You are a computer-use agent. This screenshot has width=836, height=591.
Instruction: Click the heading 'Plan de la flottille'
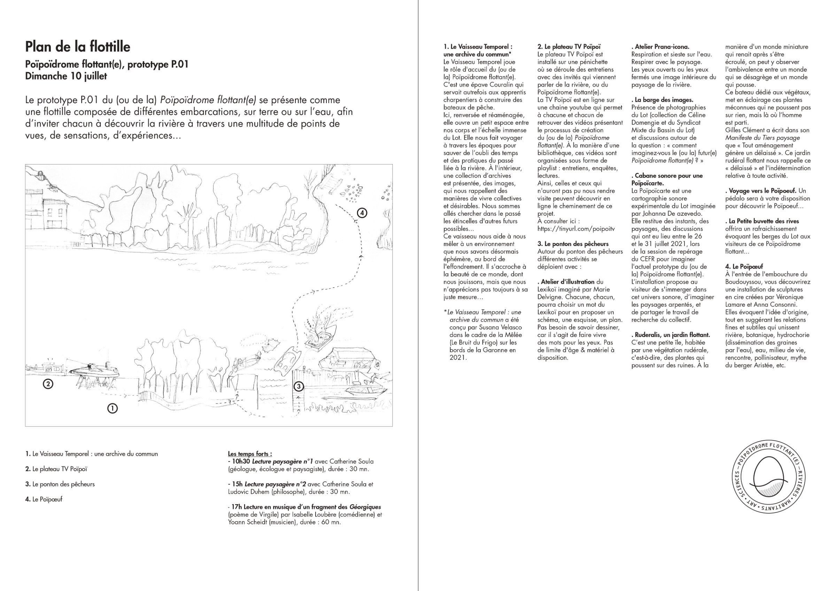tap(78, 47)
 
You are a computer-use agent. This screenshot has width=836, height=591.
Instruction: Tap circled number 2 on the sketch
tap(48, 383)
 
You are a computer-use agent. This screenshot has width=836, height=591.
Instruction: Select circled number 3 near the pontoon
tap(298, 386)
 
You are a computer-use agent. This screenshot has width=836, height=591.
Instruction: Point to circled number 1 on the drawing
tap(112, 408)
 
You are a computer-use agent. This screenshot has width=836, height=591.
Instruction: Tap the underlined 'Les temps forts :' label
tap(250, 454)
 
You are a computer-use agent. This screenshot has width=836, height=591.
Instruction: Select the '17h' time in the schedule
tap(237, 507)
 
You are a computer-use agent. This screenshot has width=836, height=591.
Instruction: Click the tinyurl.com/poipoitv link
tap(576, 229)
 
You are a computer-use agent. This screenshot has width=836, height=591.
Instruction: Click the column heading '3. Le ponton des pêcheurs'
tap(573, 244)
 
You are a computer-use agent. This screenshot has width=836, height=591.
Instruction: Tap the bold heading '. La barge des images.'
tap(662, 100)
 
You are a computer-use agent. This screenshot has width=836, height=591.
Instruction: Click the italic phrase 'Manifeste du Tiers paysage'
tap(763, 138)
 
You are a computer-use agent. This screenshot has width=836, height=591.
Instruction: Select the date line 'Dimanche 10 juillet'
tap(66, 76)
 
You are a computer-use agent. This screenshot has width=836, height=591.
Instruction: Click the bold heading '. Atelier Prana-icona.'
tap(660, 47)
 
